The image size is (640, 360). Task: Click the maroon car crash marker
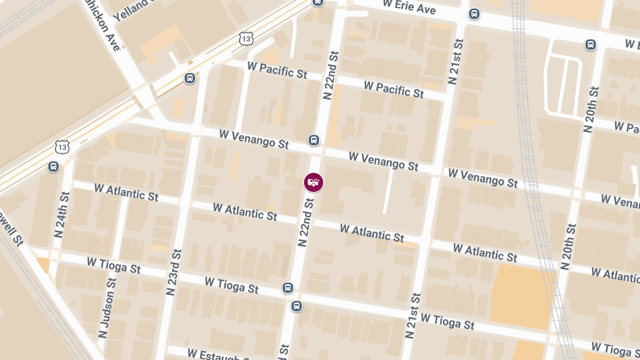click(x=314, y=182)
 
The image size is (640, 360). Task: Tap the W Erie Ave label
click(x=410, y=7)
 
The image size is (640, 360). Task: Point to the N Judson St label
click(x=106, y=307)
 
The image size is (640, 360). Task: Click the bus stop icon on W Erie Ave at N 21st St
click(x=474, y=14)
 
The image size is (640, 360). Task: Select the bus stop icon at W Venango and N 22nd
click(x=314, y=140)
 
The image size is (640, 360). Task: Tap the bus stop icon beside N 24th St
click(x=53, y=166)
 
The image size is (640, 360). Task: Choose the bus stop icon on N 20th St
click(x=590, y=45)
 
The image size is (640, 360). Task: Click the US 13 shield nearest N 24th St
click(x=62, y=147)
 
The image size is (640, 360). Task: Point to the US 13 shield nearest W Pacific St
click(x=246, y=39)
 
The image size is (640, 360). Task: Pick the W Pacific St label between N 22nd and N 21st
click(x=394, y=89)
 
